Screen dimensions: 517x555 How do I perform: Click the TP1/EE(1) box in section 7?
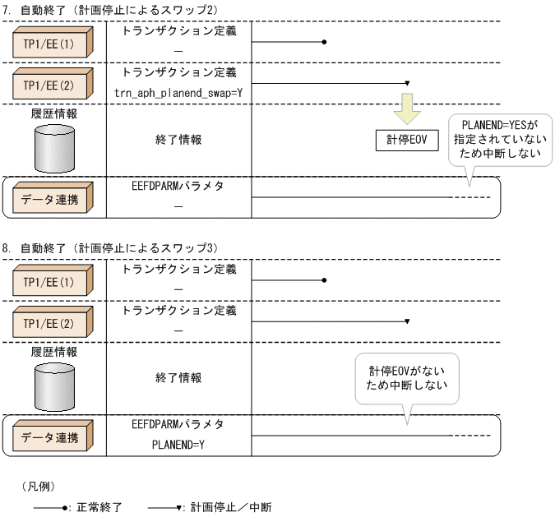[x=51, y=42]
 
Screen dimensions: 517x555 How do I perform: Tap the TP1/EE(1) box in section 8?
[x=51, y=281]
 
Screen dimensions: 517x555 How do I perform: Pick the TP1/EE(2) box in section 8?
[x=51, y=324]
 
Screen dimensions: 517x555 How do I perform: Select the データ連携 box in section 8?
[x=51, y=436]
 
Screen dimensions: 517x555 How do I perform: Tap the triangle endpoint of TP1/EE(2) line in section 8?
[x=408, y=322]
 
